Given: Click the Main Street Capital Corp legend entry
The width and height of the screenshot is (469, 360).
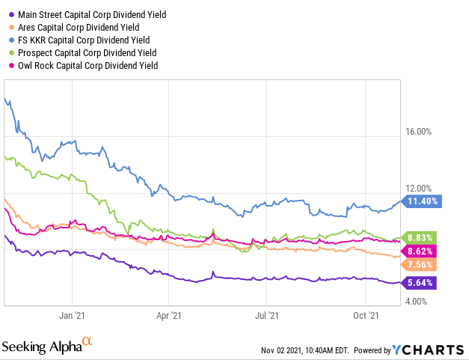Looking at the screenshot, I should click(87, 14).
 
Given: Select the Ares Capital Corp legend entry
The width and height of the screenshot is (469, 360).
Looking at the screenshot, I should click(79, 27).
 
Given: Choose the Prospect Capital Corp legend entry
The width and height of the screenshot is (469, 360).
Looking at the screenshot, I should click(87, 52).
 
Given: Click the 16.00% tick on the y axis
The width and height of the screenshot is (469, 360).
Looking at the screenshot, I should click(418, 132).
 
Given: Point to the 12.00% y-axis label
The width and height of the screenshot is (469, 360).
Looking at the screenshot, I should click(418, 189).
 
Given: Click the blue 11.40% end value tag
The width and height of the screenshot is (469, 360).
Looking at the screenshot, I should click(423, 201).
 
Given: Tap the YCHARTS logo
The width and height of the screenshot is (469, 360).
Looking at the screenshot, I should click(429, 350).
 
